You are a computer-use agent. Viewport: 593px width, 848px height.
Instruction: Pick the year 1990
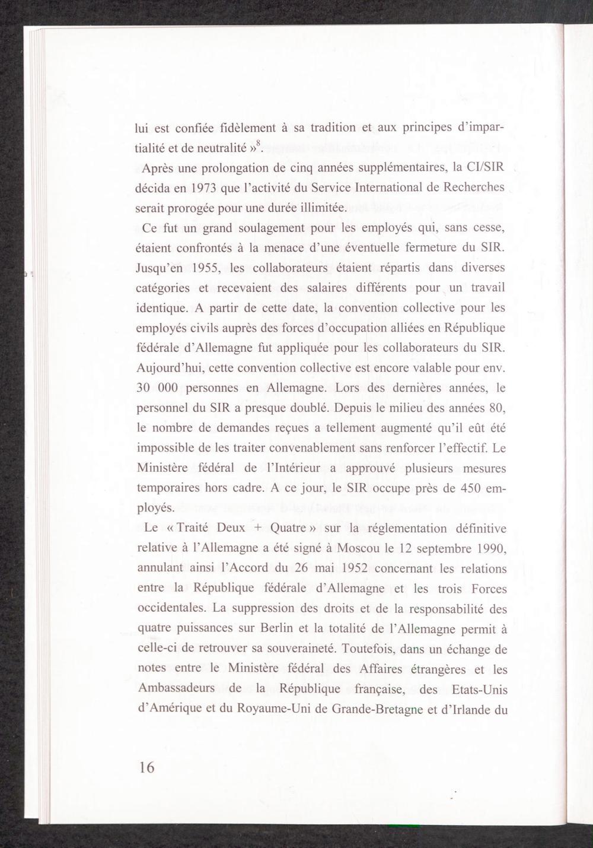(489, 548)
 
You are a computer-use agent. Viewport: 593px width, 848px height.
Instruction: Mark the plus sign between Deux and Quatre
(258, 528)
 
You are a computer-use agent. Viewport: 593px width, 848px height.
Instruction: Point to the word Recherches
(474, 187)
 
